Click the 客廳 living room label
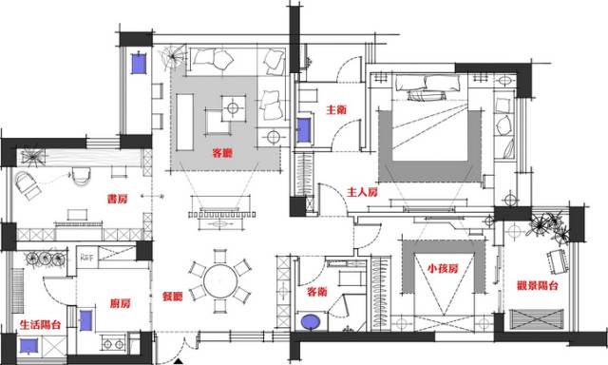tap(222, 153)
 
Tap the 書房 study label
tap(117, 199)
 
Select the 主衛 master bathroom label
tap(336, 109)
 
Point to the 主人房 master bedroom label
tap(362, 192)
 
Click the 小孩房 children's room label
tap(443, 268)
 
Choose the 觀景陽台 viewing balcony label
tap(538, 286)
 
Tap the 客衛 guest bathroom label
tap(316, 292)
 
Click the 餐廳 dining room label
tap(173, 297)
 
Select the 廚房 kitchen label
tap(121, 303)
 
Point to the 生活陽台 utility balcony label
tap(40, 324)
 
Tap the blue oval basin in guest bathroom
tap(311, 321)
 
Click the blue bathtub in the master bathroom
tap(304, 130)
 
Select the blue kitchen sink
tap(85, 320)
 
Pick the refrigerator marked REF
tap(86, 257)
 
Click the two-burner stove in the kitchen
tap(113, 344)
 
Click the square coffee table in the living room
tap(233, 107)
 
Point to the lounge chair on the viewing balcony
tap(558, 261)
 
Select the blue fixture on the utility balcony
tap(28, 346)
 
